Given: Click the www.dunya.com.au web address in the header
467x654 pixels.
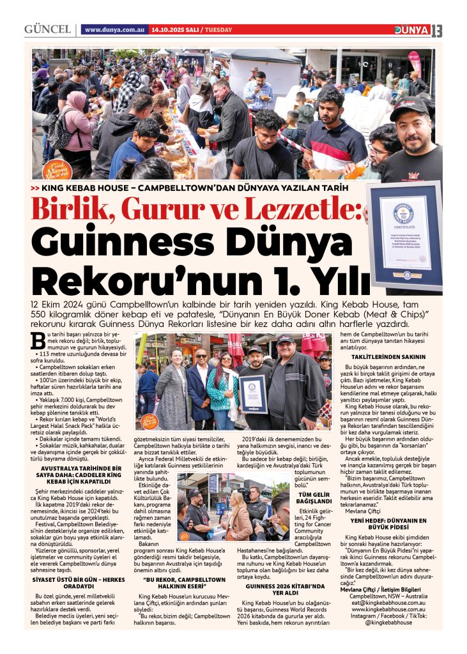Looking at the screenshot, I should click(114, 30).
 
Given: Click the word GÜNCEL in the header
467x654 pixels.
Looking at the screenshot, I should click(47, 30).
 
